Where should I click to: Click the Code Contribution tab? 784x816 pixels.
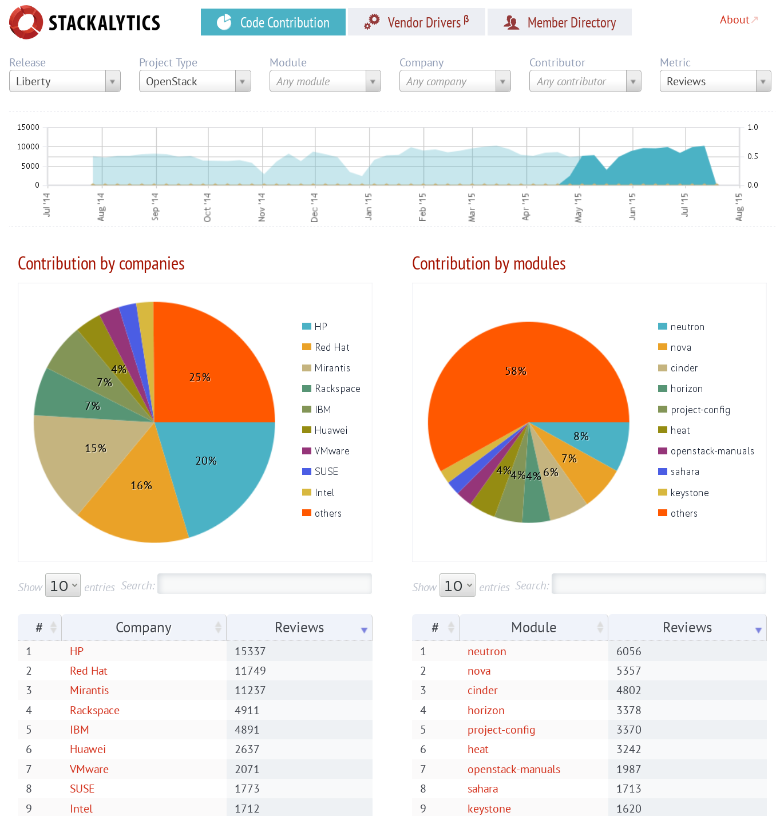pos(273,22)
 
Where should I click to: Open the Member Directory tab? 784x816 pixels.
pos(559,22)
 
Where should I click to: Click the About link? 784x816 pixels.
pos(734,20)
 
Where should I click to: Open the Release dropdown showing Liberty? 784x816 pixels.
pos(65,81)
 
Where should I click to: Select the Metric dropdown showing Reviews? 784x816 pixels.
pos(715,81)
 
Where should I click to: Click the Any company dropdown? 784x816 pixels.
pos(454,81)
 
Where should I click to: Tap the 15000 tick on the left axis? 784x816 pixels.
pos(29,127)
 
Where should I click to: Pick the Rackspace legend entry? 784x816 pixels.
pos(337,389)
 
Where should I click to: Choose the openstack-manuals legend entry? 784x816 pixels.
pos(712,451)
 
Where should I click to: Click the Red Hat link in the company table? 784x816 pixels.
pos(89,671)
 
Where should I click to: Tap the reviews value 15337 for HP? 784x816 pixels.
pos(250,651)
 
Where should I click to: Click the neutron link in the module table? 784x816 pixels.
pos(486,651)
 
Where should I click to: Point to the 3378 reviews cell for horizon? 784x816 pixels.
pos(628,710)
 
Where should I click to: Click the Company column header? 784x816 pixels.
pos(144,628)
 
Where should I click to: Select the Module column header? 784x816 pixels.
pos(533,628)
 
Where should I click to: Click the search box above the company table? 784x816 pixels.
pos(264,584)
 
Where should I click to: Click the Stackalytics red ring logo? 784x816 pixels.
pos(26,22)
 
